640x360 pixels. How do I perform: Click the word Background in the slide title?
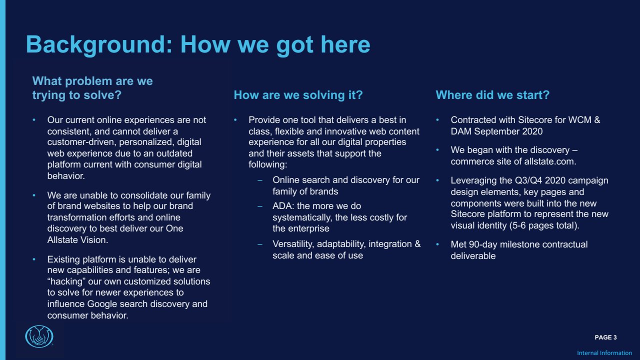tap(99, 45)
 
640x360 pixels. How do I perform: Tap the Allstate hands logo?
tap(39, 336)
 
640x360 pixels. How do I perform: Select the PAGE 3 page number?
tap(605, 337)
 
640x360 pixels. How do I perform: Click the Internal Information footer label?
tap(604, 353)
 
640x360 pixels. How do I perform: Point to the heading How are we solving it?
tap(298, 95)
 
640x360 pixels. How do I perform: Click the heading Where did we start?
tap(492, 95)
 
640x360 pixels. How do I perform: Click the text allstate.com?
tap(550, 161)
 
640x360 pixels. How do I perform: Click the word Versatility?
tap(293, 244)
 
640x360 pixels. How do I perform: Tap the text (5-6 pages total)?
tap(544, 225)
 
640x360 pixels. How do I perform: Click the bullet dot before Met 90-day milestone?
tap(437, 244)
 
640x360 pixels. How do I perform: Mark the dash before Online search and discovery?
tap(260, 180)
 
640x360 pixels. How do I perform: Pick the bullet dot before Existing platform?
tap(34, 259)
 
